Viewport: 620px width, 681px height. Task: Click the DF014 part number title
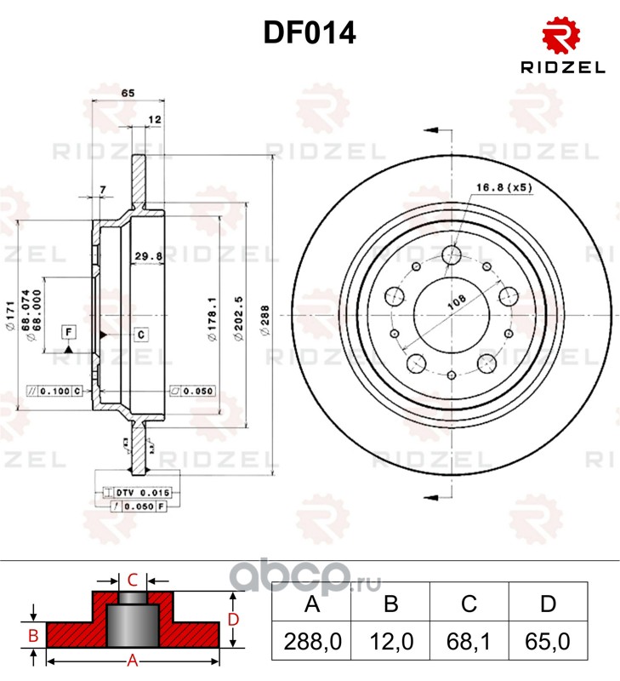coord(309,33)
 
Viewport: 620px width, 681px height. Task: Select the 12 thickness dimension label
coord(154,120)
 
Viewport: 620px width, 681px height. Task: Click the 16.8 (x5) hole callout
coord(503,187)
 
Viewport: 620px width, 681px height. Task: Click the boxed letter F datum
coord(68,331)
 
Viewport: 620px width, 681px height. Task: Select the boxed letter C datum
coord(141,335)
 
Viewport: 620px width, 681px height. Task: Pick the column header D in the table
coord(548,604)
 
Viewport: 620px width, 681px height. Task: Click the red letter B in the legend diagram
coord(32,635)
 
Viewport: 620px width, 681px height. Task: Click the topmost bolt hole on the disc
coord(452,255)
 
